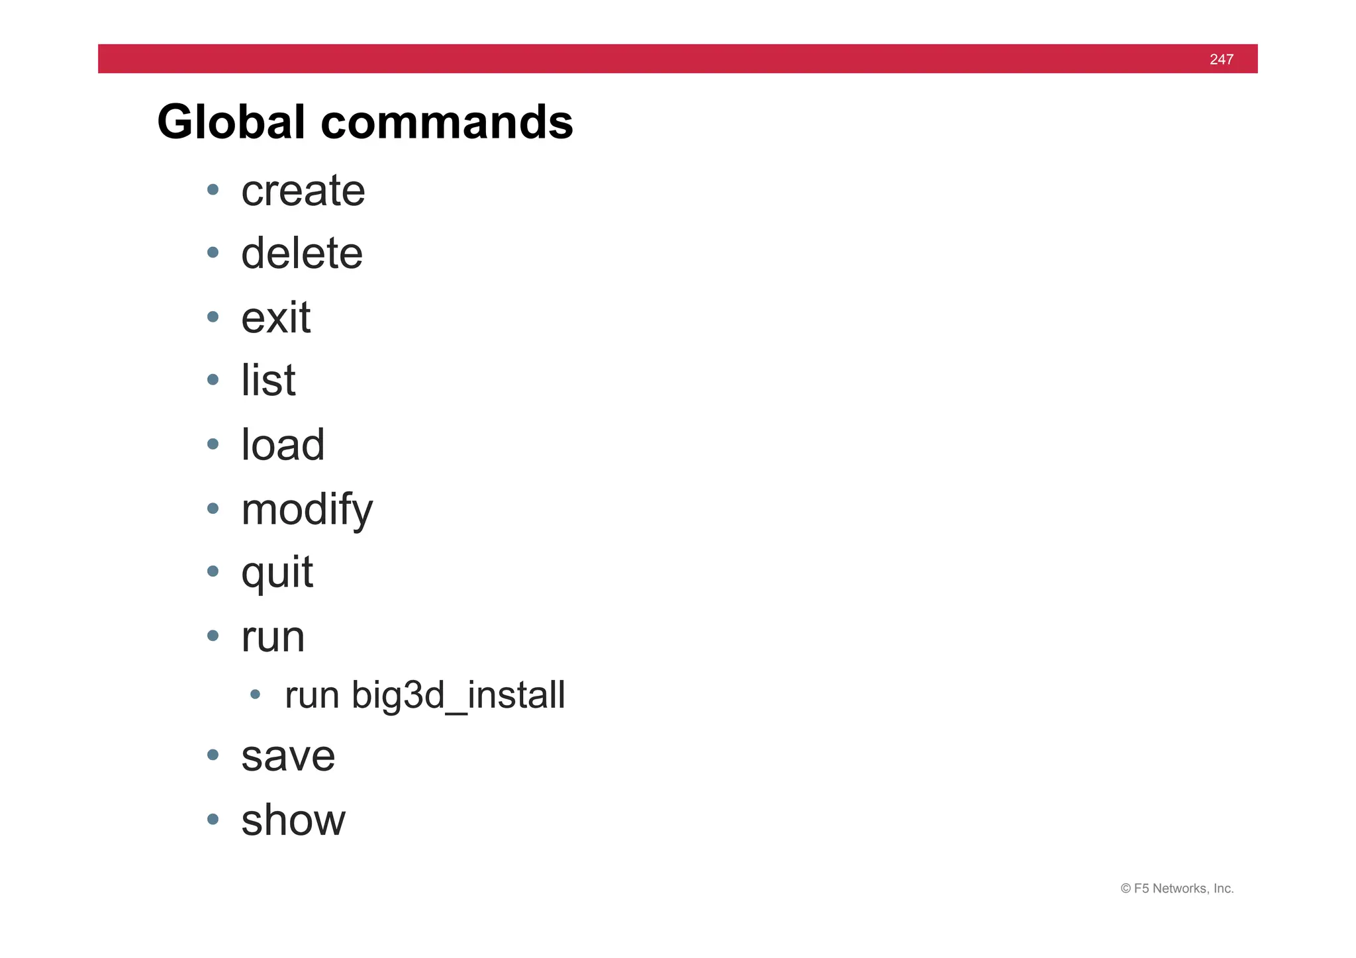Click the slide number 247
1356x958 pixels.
(x=1221, y=60)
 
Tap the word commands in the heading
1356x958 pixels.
(x=447, y=122)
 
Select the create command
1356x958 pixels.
(x=303, y=191)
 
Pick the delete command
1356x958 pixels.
(x=302, y=254)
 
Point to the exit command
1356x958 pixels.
(x=275, y=318)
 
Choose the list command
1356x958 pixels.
(x=268, y=381)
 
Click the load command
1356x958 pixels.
(x=283, y=445)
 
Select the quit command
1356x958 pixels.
(x=277, y=573)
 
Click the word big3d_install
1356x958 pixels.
(x=458, y=696)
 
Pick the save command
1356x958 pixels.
(x=288, y=756)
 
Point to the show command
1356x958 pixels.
(x=293, y=820)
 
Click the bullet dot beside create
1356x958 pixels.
(x=213, y=190)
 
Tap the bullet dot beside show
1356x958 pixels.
(x=213, y=820)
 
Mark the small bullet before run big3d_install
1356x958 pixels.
(x=255, y=695)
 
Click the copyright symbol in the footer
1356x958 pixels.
(x=1126, y=889)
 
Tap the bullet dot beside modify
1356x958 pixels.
(x=213, y=508)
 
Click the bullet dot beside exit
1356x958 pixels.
(x=213, y=317)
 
